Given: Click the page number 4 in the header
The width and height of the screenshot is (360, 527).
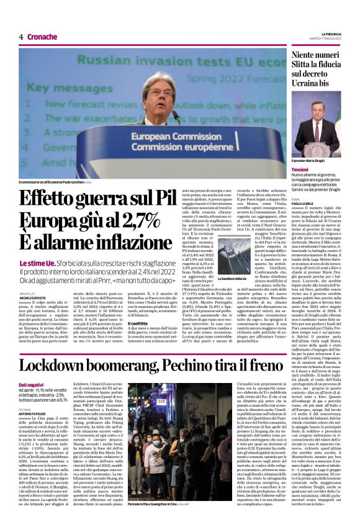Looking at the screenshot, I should click(21, 37).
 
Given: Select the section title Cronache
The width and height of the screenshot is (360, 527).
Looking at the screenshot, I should click(42, 37).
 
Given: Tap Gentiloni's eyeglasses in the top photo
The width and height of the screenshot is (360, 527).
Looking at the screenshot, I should click(160, 92).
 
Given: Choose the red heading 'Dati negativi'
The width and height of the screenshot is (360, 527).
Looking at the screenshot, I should click(31, 385).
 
